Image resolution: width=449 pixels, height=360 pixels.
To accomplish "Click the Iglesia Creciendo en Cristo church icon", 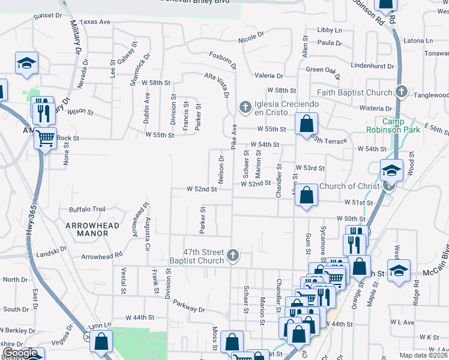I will tap(244, 108).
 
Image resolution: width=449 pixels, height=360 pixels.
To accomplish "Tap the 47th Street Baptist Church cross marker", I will tap(233, 256).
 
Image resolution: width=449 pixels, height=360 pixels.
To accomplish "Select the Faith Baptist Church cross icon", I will tap(402, 92).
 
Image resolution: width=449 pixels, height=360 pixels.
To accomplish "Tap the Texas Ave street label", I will tap(95, 22).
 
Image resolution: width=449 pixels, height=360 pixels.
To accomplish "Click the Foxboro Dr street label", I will tap(224, 61).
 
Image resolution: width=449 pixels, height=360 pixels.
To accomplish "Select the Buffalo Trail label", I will tap(87, 209).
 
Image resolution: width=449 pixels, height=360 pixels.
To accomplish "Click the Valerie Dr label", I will tap(268, 76).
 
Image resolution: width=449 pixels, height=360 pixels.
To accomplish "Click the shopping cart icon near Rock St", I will tap(46, 138).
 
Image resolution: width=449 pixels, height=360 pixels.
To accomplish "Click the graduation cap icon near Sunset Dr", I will tap(26, 63).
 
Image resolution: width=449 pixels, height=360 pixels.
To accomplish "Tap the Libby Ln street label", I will tap(329, 30).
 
